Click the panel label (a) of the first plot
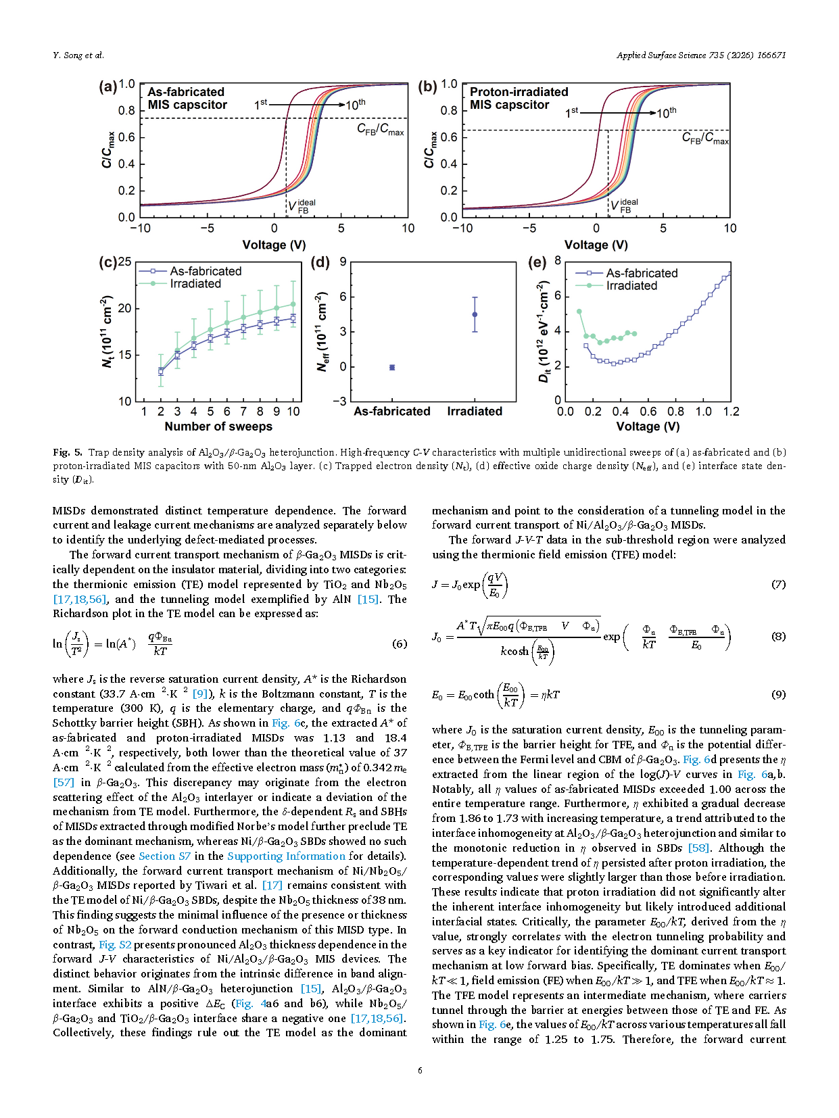point(107,87)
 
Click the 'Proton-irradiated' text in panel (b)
point(519,92)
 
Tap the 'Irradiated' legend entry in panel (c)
point(195,284)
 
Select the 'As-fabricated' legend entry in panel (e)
point(641,273)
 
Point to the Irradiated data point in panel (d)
point(475,314)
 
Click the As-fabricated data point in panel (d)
point(392,367)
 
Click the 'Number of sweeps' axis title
point(218,427)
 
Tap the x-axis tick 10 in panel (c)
point(293,411)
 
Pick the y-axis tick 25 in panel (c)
point(124,262)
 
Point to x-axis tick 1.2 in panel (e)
point(731,412)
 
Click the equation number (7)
point(778,584)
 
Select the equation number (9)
point(778,694)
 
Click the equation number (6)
point(400,643)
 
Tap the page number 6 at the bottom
point(420,1070)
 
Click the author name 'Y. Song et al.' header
point(78,55)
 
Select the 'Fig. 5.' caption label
point(68,452)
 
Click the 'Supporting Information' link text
point(286,856)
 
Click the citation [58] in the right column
point(699,848)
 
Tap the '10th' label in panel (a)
point(356,105)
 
